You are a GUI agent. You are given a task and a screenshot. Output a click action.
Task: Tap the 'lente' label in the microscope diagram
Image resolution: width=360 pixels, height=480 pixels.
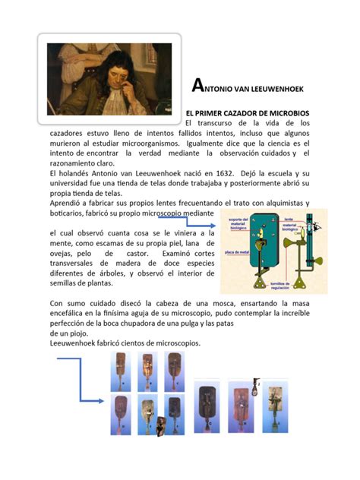[x=289, y=217]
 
